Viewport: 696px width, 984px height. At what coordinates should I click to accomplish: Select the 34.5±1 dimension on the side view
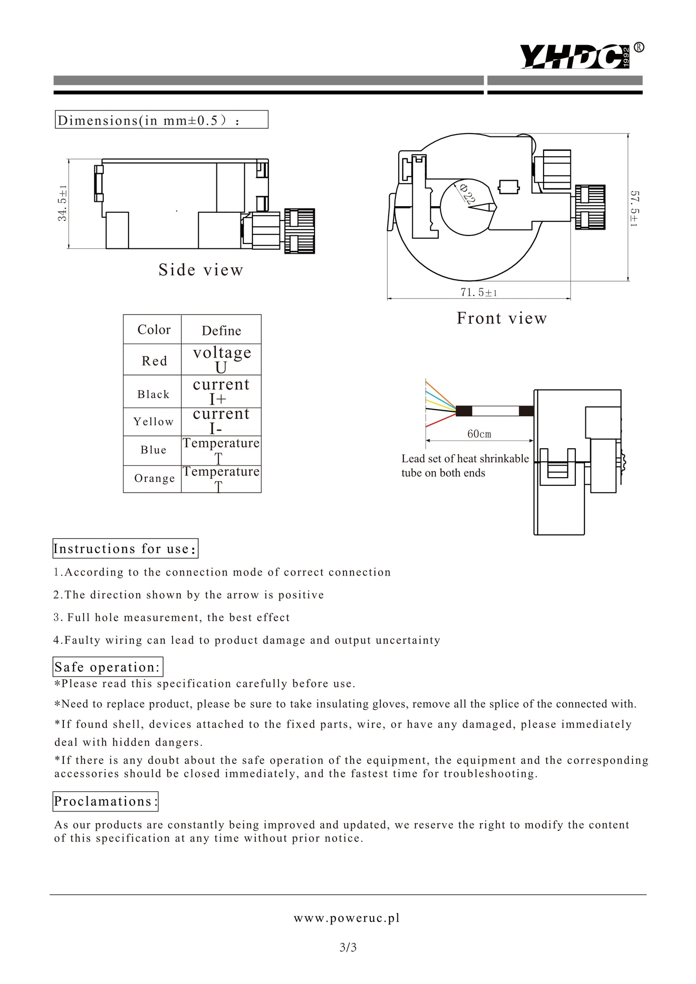coord(63,204)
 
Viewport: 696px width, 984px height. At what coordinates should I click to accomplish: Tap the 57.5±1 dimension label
coord(635,209)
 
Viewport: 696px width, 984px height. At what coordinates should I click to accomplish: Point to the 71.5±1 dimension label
coord(478,293)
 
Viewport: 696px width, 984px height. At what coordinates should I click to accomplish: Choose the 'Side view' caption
coord(201,270)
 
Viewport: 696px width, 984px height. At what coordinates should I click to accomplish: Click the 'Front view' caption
coord(502,318)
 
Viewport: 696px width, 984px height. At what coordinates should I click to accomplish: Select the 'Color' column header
coord(154,330)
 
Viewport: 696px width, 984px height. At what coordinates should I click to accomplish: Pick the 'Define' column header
coord(221,331)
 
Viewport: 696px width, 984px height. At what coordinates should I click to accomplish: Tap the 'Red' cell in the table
coord(154,360)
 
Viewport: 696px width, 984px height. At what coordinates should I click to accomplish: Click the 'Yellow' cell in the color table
coord(153,421)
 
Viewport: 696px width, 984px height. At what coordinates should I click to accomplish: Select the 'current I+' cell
coord(221,391)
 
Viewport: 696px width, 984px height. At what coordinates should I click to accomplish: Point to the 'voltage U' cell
coord(222,359)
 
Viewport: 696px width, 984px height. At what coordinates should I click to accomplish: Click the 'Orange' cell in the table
coord(154,479)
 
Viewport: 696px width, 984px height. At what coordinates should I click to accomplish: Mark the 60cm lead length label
coord(479,434)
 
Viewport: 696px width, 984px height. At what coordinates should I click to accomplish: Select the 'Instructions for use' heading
coord(125,549)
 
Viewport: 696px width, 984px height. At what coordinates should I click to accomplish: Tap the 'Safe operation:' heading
coord(107,667)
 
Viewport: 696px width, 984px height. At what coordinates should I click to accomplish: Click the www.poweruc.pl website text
coord(347,918)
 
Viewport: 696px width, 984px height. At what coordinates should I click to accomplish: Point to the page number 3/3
coord(348,947)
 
